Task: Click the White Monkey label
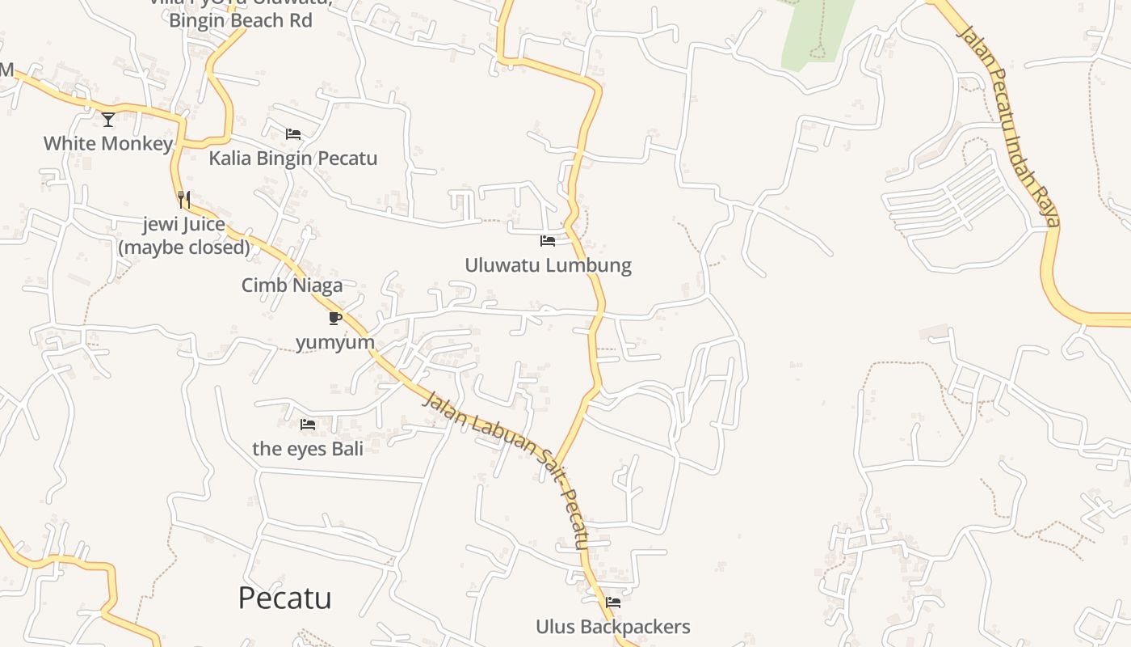(107, 144)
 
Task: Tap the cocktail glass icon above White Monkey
(108, 120)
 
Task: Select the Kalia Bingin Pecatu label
(292, 158)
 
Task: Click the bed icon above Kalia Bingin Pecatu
(293, 134)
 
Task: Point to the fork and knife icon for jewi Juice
(184, 199)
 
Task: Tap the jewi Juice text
(184, 224)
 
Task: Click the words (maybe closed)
(184, 247)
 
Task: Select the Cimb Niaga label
(292, 285)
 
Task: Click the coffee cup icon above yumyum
(335, 318)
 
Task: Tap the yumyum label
(335, 342)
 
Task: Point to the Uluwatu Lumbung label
(548, 265)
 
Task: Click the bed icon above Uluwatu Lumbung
(548, 241)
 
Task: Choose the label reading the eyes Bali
(308, 448)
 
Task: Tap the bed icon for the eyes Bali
(308, 425)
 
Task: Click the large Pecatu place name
(284, 598)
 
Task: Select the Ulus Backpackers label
(613, 627)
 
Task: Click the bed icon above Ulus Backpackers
(613, 603)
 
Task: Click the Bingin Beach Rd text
(240, 20)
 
